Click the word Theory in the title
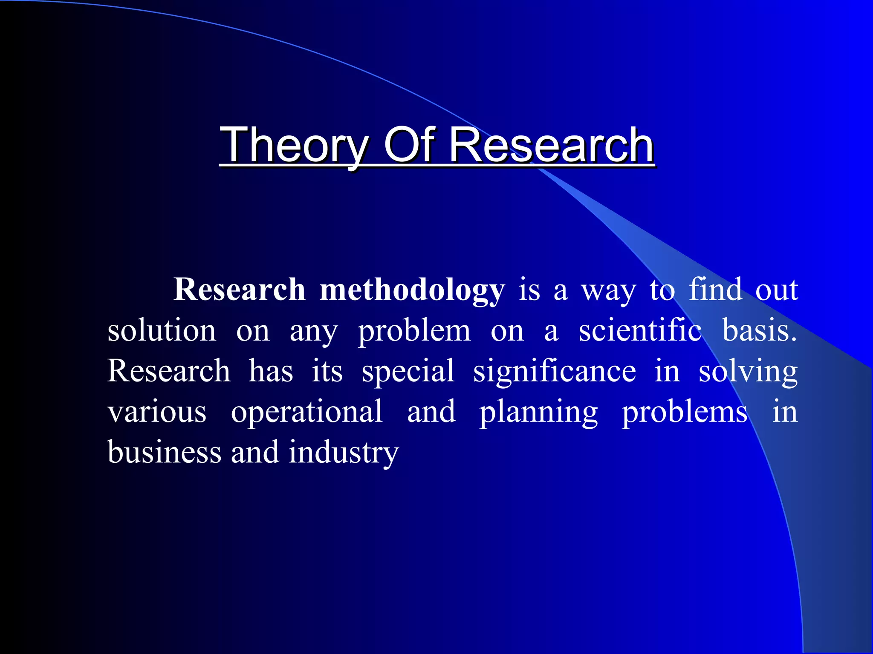tap(294, 146)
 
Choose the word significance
tap(555, 371)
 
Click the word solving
tap(748, 371)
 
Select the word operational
tap(306, 412)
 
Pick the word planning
tap(539, 412)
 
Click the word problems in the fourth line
tap(685, 412)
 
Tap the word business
tap(164, 452)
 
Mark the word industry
tap(344, 453)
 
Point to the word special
tap(408, 371)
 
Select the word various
tap(157, 412)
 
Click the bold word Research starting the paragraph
tap(240, 290)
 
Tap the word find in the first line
tap(716, 290)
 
